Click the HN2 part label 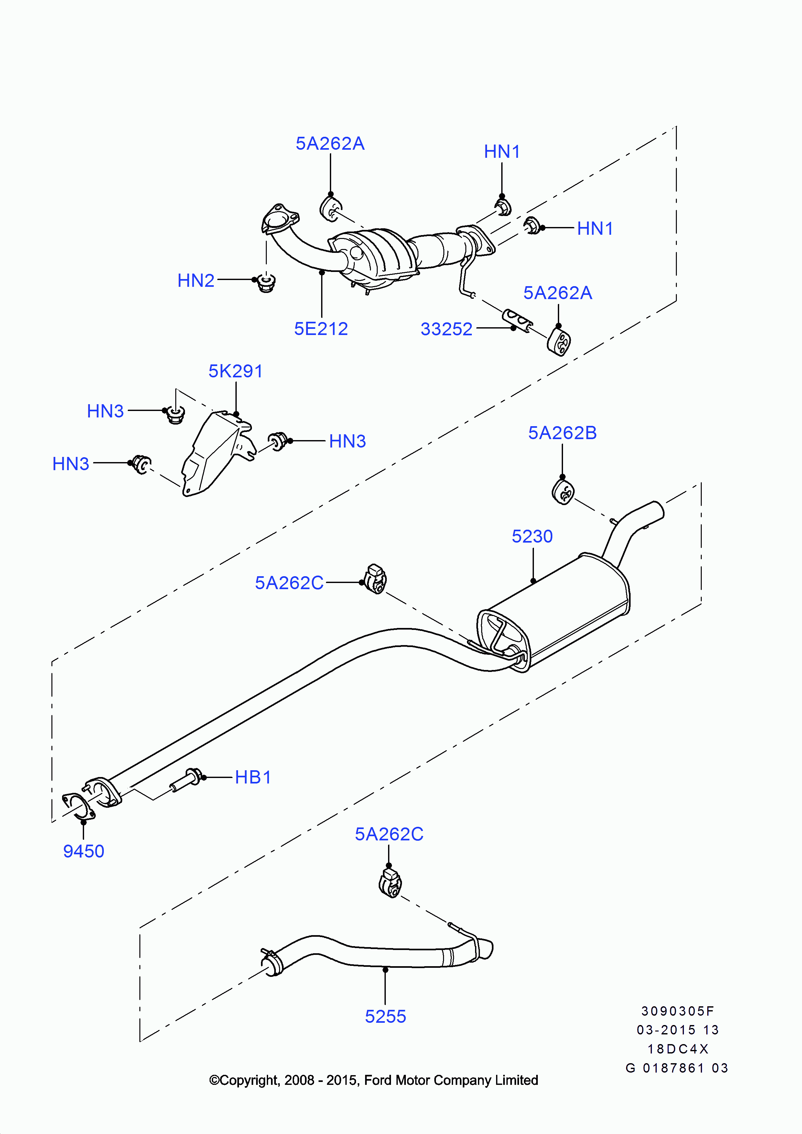pos(196,281)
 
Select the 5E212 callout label pos(321,329)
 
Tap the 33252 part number pos(446,329)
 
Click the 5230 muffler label pos(532,536)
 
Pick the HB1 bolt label pos(253,777)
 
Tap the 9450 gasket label pos(83,851)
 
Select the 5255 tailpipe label pos(385,1016)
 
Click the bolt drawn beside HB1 pos(186,780)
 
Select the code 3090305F pos(677,1011)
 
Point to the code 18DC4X pos(677,1049)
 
